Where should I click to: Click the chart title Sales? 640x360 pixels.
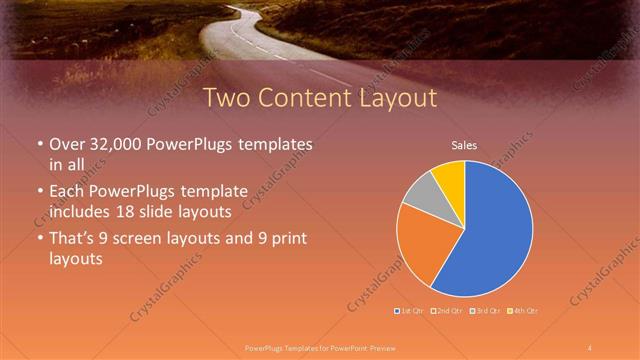click(x=464, y=145)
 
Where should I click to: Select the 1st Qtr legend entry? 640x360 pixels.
click(x=409, y=312)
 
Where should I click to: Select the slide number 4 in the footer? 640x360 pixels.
click(x=590, y=347)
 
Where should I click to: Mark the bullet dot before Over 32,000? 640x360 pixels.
click(x=39, y=145)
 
